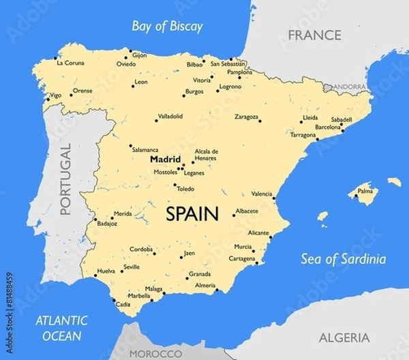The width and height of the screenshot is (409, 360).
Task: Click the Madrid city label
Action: point(165,159)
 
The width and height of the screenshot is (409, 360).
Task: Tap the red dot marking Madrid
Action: point(183,165)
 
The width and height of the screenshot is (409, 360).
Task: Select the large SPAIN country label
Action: point(192,214)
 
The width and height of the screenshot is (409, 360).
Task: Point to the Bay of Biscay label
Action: point(168,27)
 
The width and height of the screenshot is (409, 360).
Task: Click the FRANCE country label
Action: point(314,35)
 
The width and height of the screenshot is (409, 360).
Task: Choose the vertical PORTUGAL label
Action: point(65,180)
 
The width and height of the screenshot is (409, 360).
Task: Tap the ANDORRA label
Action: point(349,87)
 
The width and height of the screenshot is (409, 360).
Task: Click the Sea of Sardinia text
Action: point(344,259)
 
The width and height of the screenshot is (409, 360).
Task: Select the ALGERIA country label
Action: point(344,337)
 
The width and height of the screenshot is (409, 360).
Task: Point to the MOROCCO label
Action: point(156,354)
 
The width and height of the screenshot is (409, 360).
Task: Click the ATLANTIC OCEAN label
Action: point(62,327)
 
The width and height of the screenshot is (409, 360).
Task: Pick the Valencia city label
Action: point(262,194)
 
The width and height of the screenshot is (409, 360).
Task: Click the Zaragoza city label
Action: point(246,117)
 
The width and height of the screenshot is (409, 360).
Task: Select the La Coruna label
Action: point(70,63)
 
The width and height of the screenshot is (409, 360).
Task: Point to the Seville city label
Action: point(132,267)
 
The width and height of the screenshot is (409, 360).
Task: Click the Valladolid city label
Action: point(170,116)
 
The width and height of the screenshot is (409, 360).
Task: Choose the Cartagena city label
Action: point(242,259)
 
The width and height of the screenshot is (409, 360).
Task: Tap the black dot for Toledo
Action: point(175,185)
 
